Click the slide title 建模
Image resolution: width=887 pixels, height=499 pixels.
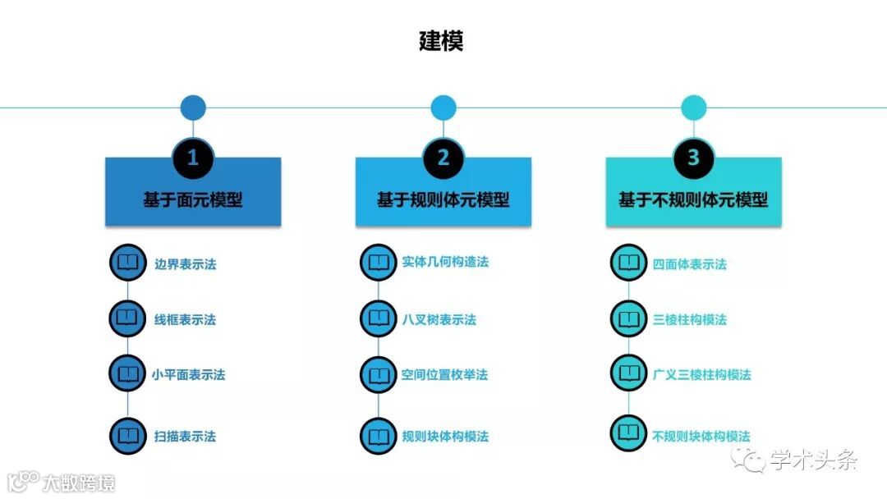point(442,41)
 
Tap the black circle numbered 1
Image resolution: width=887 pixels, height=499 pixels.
point(193,158)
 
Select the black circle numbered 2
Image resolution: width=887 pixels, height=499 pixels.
point(443,158)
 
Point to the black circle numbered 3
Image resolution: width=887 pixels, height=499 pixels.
point(694,158)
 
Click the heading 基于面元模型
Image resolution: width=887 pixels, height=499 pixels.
point(193,199)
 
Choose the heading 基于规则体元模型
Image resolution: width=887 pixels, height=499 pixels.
point(443,199)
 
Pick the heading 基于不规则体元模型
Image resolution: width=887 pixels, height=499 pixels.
point(694,199)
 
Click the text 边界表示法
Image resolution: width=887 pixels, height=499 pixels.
point(186,264)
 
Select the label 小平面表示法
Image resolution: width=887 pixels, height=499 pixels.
point(188,375)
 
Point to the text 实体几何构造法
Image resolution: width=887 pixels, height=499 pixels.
point(445,262)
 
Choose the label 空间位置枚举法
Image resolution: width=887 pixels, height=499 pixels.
point(444,375)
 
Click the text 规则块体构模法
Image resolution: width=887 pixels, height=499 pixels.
point(445,437)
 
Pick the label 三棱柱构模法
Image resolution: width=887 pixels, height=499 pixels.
point(690,319)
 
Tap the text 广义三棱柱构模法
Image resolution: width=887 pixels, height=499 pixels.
point(702,375)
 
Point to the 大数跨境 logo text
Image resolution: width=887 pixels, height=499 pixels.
point(80,482)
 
